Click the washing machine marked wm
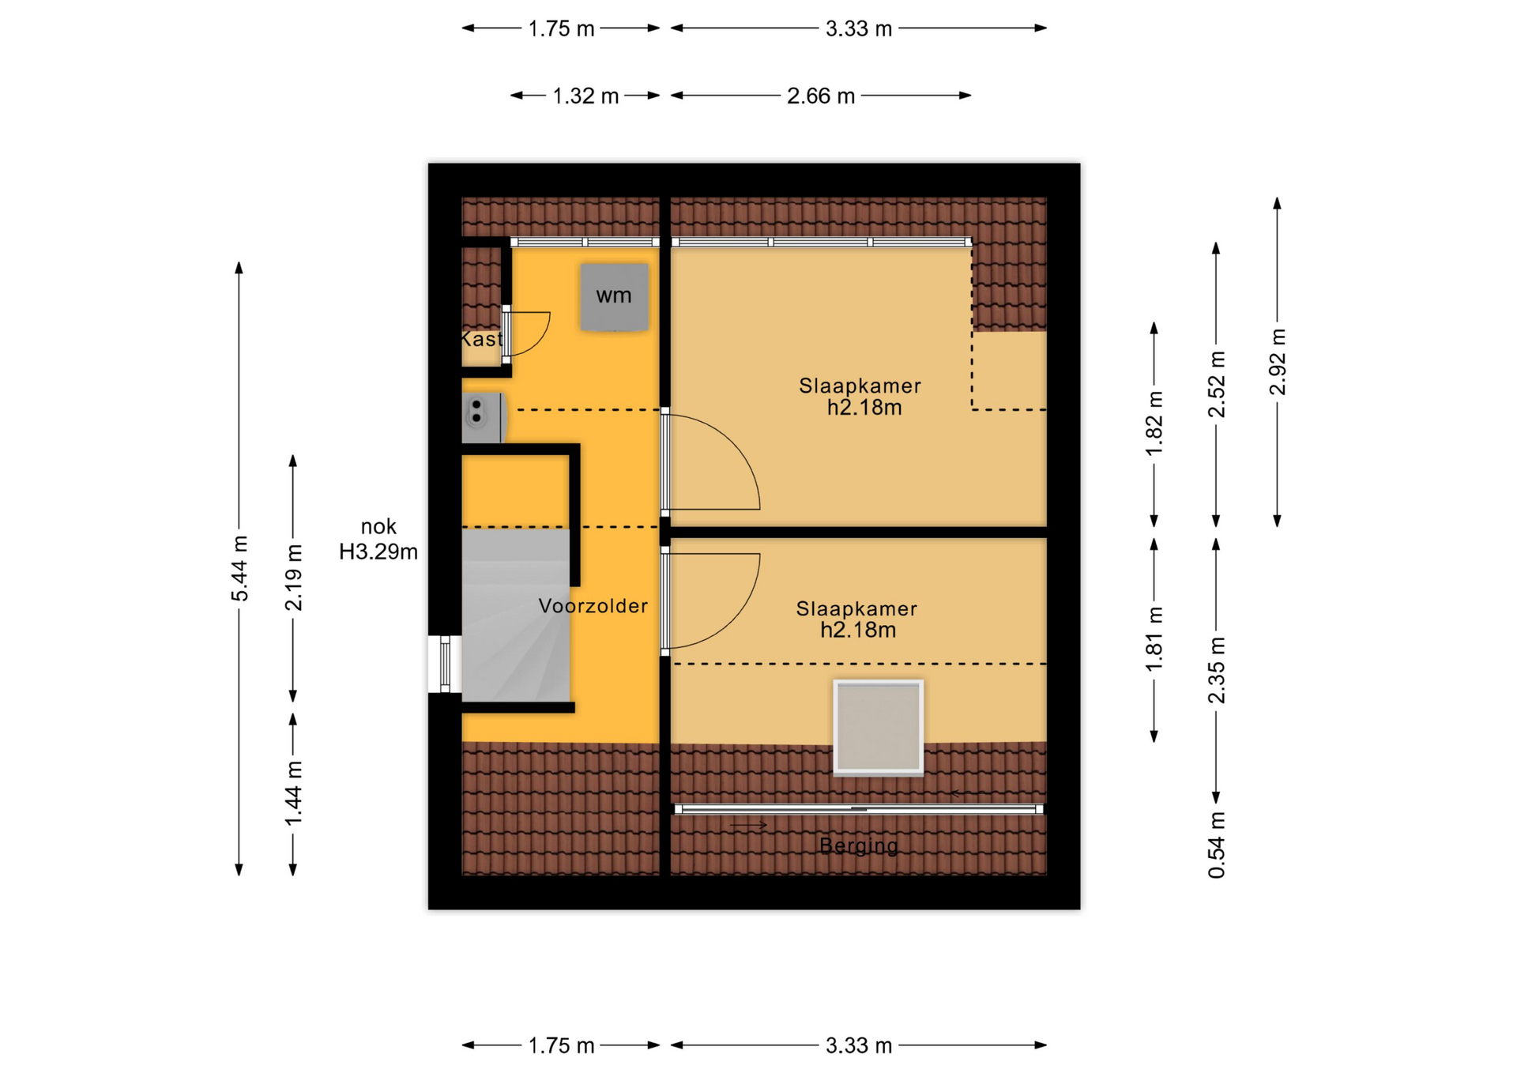(x=614, y=296)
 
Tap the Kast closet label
(x=481, y=339)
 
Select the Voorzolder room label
(x=593, y=606)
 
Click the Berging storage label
(x=859, y=846)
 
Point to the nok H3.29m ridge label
(x=378, y=539)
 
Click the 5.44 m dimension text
(x=239, y=568)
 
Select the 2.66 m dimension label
(x=821, y=96)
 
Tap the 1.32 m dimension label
(x=585, y=96)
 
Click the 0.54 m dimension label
(x=1217, y=845)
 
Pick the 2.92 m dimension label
(x=1278, y=362)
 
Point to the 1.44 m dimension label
(x=293, y=794)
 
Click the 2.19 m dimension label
(x=293, y=578)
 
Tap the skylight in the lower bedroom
(x=879, y=727)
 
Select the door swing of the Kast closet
(x=526, y=333)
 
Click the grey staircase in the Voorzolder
(x=515, y=615)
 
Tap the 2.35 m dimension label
(x=1217, y=670)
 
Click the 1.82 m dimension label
(x=1154, y=424)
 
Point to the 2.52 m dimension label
(x=1217, y=384)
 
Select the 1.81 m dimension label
(x=1154, y=639)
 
